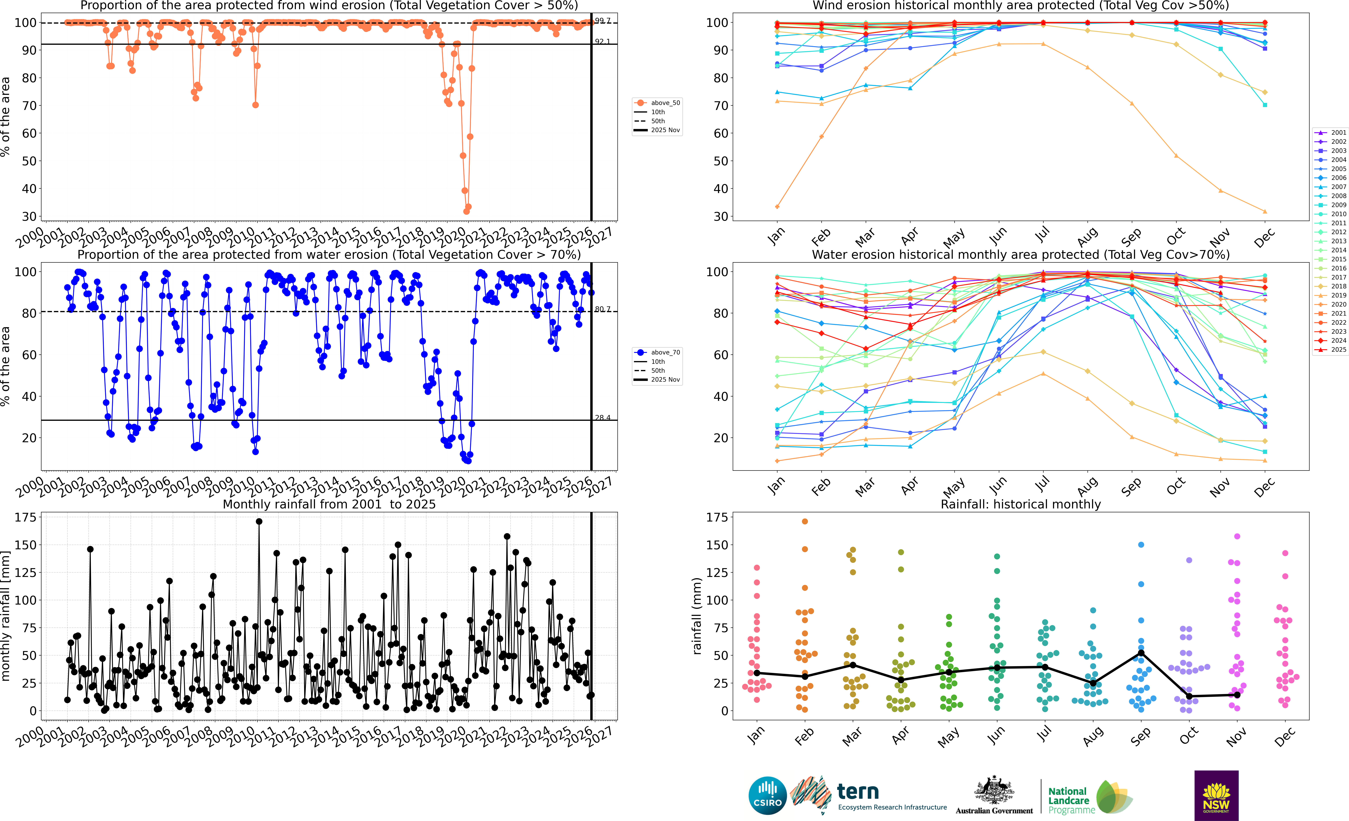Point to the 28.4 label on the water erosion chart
tap(602, 418)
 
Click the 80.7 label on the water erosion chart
tap(602, 309)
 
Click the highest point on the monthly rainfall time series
tap(259, 522)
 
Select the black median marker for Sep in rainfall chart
tap(1141, 653)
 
